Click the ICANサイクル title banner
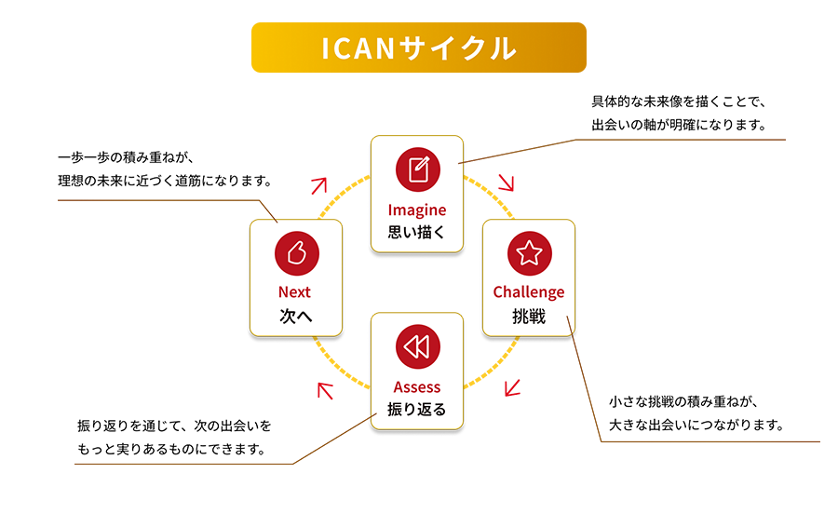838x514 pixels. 418,48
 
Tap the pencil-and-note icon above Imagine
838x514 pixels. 417,169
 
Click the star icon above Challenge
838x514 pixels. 529,252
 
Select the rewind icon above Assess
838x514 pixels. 417,347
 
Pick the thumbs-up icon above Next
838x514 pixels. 296,252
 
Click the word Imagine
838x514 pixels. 417,210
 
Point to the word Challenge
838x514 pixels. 529,292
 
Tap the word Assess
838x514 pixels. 417,386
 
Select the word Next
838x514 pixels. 295,292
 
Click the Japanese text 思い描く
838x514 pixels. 417,232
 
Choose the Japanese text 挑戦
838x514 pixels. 529,316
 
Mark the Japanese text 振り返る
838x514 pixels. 417,409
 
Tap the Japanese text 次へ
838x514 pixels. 295,316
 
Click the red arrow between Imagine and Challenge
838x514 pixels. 507,181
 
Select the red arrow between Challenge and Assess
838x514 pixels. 511,386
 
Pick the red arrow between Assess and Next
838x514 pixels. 325,390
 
